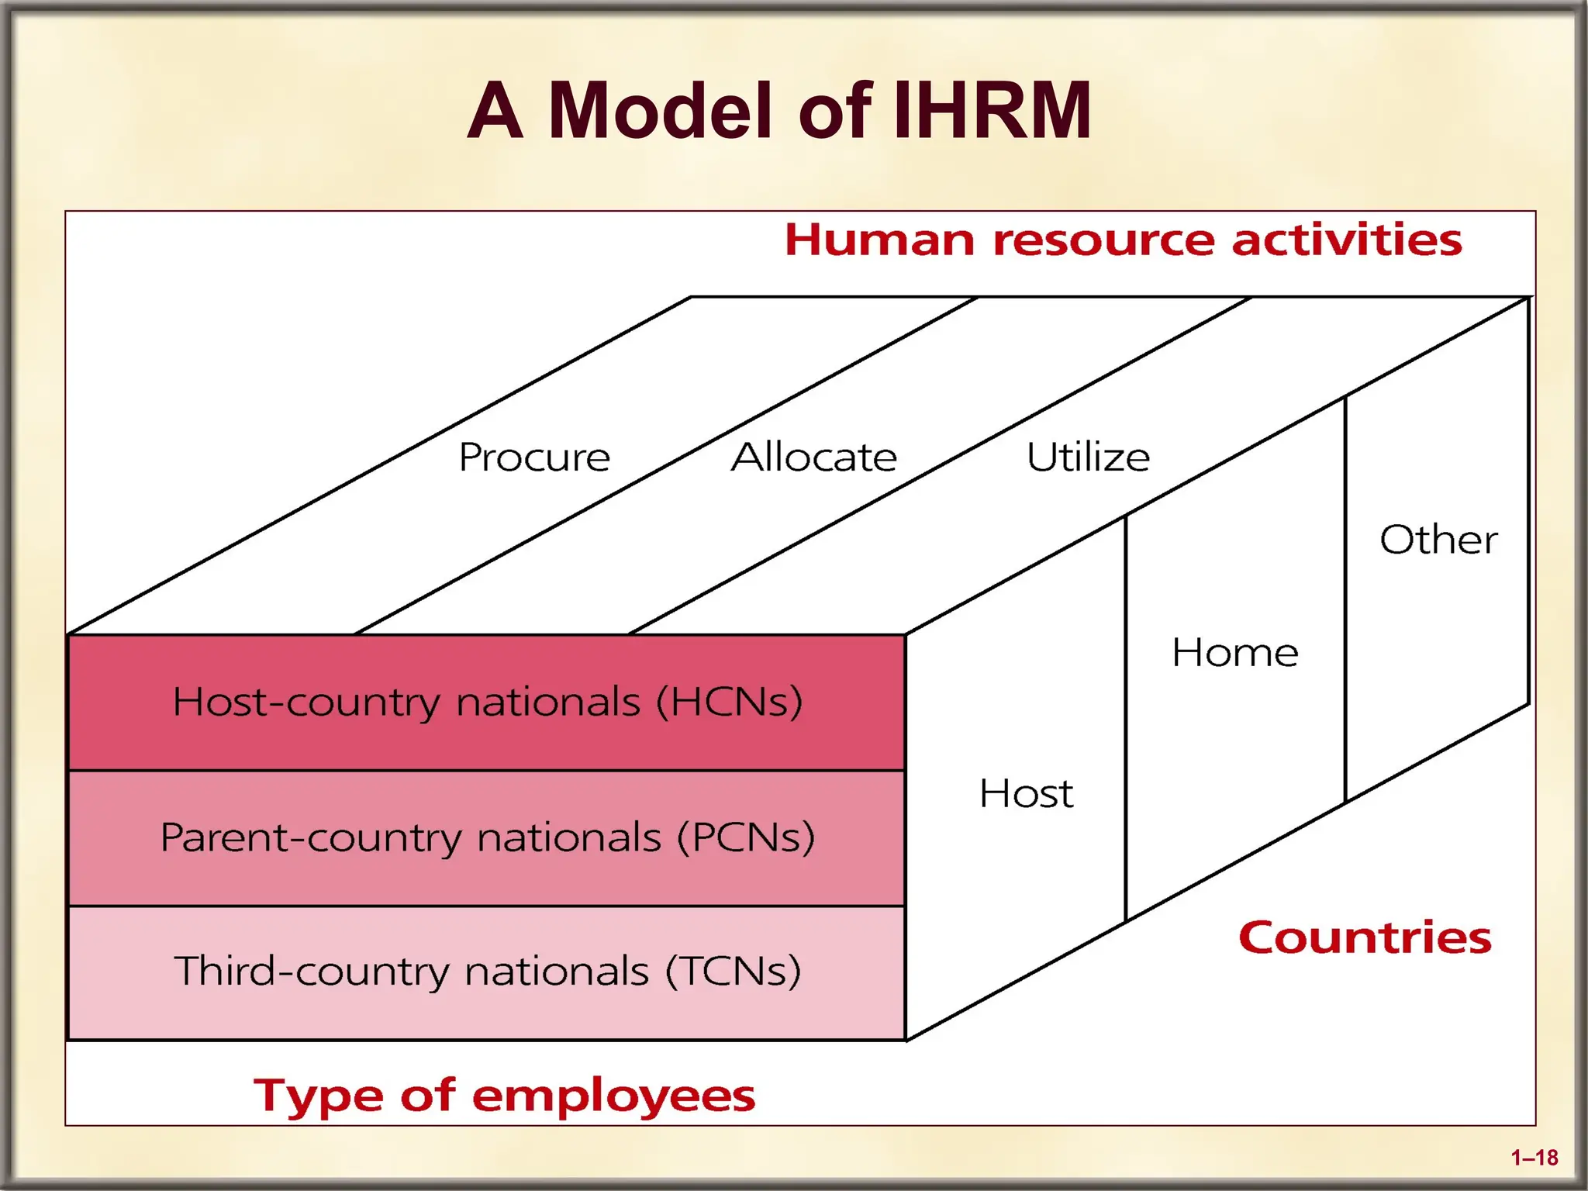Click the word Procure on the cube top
click(534, 457)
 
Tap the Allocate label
click(814, 457)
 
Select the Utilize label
click(1088, 457)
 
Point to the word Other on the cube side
click(1438, 540)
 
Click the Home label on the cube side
click(1234, 653)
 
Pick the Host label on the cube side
click(1026, 794)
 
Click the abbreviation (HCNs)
click(729, 702)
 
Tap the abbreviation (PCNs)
click(746, 838)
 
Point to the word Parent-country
click(310, 838)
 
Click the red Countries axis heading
click(1365, 938)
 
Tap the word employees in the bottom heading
click(613, 1096)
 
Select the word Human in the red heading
click(879, 240)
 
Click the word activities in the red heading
click(1347, 240)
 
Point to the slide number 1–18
click(1534, 1158)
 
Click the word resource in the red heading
click(1105, 240)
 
